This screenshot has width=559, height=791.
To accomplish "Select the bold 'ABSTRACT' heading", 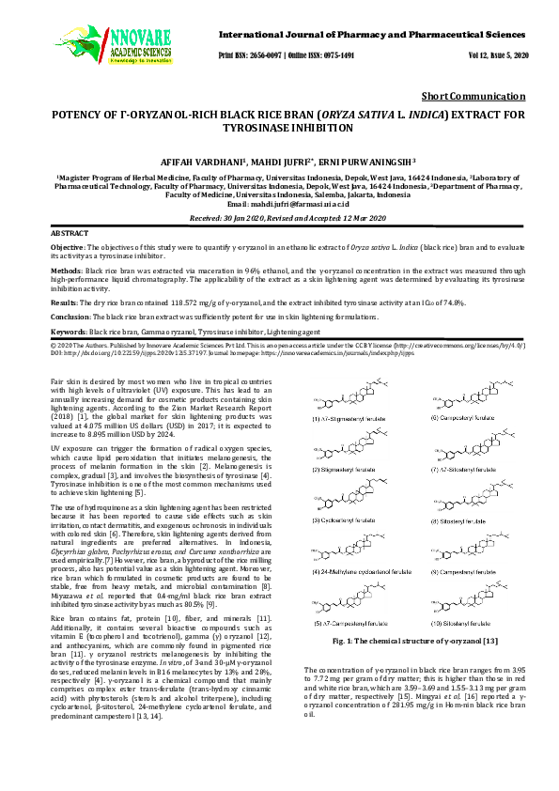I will (x=70, y=231).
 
